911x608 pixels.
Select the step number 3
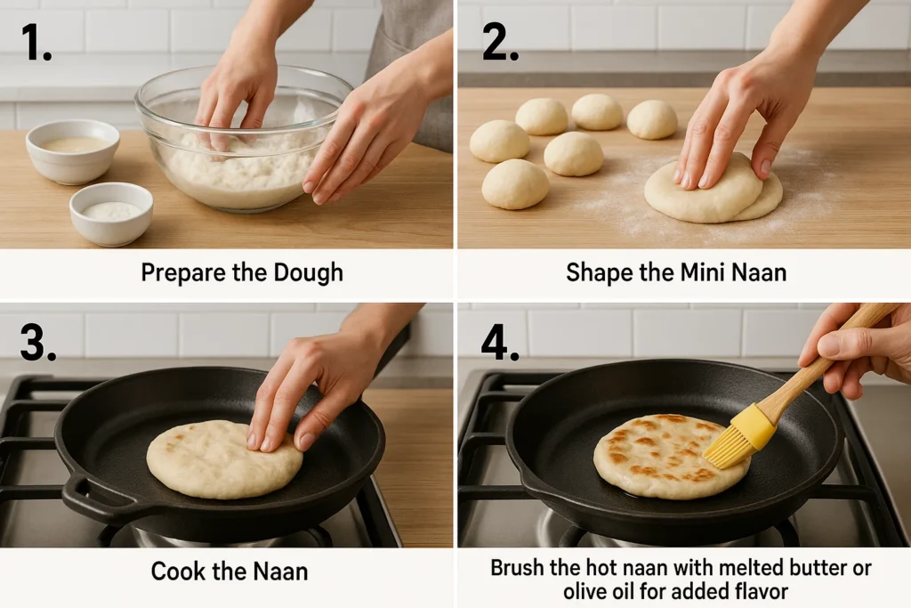[x=38, y=342]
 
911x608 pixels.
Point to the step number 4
[x=500, y=342]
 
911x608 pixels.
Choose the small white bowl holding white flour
[x=111, y=213]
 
